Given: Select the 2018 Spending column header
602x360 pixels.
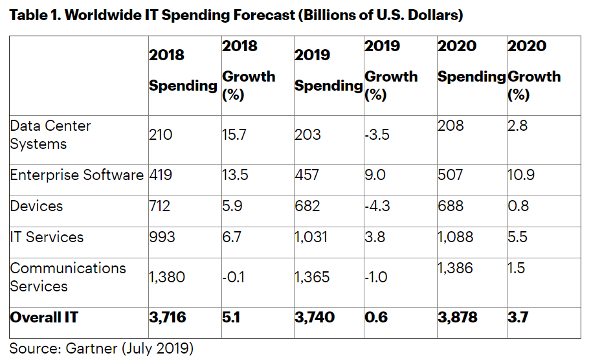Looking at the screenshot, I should click(x=183, y=71).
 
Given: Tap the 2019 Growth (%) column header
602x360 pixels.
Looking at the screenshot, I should click(x=391, y=71).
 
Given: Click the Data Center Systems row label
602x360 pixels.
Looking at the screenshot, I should click(x=50, y=135).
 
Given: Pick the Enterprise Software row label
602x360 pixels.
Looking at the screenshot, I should click(x=76, y=175).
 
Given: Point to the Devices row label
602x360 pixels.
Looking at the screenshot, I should click(x=37, y=206).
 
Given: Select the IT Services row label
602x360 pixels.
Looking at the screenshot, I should click(x=47, y=237).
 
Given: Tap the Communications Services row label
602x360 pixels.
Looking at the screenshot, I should click(x=68, y=277).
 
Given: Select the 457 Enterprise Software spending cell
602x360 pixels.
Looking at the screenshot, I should click(x=307, y=175).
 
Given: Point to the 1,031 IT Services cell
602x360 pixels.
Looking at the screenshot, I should click(x=311, y=237).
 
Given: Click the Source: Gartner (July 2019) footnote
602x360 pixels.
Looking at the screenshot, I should click(x=101, y=349).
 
